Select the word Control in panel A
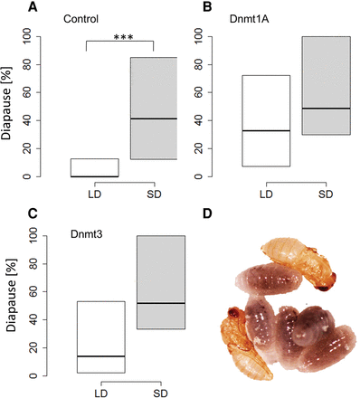point(82,19)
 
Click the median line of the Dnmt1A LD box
point(266,131)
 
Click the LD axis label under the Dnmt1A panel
point(266,193)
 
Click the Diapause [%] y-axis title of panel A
point(11,107)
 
